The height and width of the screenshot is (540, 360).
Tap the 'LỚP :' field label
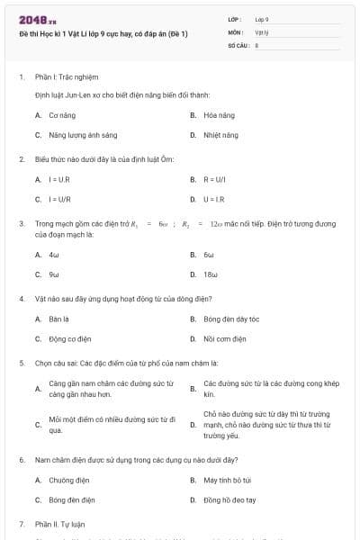(236, 18)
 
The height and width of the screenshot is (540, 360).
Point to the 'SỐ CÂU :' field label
(238, 43)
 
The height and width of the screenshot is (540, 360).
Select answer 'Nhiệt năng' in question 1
(220, 135)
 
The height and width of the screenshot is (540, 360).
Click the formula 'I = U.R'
(59, 179)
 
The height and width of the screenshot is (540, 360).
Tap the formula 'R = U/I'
(216, 179)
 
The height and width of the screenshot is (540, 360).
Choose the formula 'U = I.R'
(216, 199)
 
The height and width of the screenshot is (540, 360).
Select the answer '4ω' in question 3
(54, 255)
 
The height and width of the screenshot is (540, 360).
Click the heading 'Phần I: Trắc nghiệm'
(66, 76)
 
